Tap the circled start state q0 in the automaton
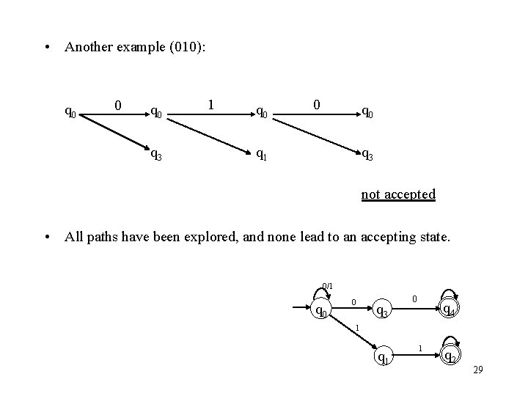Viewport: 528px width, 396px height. coord(320,311)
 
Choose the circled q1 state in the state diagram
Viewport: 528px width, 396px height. coord(381,357)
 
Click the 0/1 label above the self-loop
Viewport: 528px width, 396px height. coord(327,285)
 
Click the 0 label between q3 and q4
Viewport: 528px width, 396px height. coord(414,299)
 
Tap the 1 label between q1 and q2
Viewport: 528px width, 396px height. coord(419,346)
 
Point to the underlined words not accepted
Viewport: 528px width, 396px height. coord(398,194)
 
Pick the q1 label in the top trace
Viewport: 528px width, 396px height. coord(260,154)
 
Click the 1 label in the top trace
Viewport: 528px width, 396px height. coord(211,104)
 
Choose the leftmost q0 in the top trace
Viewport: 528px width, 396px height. coord(70,112)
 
